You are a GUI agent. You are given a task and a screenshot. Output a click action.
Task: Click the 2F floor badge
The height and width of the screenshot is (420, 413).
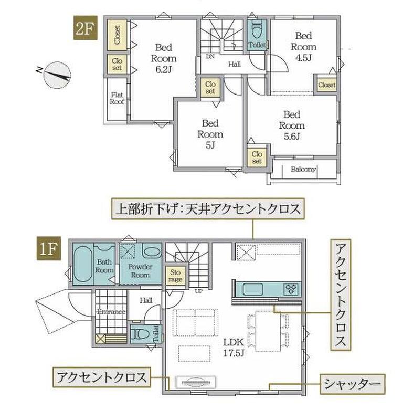click(86, 28)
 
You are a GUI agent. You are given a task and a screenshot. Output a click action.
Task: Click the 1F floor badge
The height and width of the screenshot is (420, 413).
click(49, 248)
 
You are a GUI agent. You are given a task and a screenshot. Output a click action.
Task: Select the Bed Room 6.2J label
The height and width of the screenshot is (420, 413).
click(164, 58)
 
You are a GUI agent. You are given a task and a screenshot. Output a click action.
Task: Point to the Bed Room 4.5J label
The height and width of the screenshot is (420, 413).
click(303, 47)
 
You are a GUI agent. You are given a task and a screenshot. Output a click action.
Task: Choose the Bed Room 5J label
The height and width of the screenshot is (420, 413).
click(210, 134)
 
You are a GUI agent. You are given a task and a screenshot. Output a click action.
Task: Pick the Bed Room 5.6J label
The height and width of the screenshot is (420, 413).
click(292, 125)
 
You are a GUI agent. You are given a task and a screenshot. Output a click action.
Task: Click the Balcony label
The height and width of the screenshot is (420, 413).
click(303, 169)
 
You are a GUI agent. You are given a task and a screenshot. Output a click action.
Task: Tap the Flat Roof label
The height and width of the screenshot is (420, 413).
click(117, 98)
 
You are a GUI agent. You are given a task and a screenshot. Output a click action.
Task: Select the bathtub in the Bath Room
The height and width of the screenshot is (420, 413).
click(82, 265)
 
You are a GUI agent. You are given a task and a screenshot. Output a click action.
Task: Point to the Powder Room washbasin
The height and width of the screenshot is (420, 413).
click(152, 251)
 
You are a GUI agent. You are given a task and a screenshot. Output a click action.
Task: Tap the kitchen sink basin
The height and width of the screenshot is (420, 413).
click(252, 289)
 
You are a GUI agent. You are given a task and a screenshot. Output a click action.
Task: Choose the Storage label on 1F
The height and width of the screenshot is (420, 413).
click(175, 276)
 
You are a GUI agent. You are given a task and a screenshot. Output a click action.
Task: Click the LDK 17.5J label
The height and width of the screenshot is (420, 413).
click(234, 348)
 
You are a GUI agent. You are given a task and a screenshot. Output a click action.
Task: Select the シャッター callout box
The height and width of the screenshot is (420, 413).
click(352, 384)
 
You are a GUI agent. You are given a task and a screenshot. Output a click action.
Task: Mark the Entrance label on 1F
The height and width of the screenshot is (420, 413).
click(111, 312)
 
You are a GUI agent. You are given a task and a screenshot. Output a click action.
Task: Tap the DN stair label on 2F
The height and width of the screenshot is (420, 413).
click(210, 57)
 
